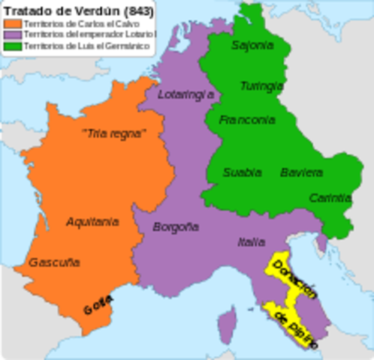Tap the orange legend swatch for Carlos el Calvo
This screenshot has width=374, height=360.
click(x=11, y=23)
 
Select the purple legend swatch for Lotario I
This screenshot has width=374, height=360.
click(x=11, y=35)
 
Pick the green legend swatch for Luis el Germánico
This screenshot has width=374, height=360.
click(x=11, y=47)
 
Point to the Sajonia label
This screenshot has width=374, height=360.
click(x=252, y=46)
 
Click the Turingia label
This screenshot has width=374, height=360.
click(x=261, y=85)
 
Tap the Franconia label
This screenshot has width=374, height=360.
click(x=243, y=120)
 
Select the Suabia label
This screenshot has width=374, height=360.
click(x=242, y=172)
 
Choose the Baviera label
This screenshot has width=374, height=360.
click(x=301, y=172)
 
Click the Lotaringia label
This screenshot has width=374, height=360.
click(x=187, y=95)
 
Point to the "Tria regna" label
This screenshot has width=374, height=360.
click(x=113, y=133)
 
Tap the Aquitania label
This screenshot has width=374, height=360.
click(x=92, y=222)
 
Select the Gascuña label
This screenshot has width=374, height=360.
click(x=54, y=262)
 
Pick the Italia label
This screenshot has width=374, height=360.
click(x=251, y=242)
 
